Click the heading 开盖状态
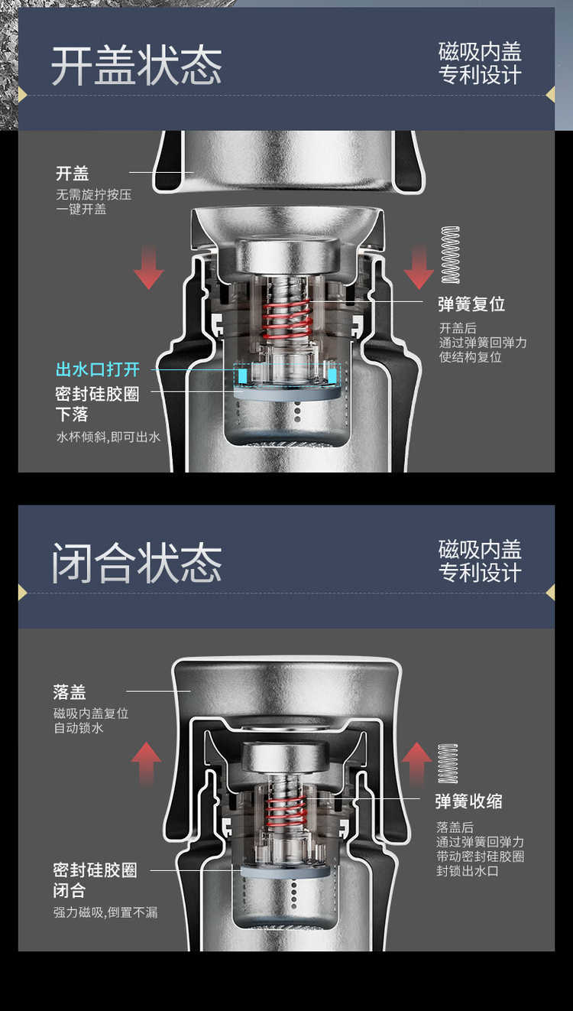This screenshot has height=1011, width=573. click(x=137, y=66)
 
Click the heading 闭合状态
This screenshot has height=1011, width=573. click(x=137, y=563)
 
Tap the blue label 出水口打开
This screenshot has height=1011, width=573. click(x=97, y=369)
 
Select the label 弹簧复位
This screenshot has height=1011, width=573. click(x=471, y=304)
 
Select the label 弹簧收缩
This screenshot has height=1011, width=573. click(x=469, y=801)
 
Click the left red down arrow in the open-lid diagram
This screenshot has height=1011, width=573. click(x=148, y=267)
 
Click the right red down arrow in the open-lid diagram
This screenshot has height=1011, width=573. click(x=419, y=267)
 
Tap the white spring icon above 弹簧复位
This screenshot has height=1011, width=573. click(x=450, y=255)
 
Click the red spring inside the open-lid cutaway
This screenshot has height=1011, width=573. click(x=287, y=319)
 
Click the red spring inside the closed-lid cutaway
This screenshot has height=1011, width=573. click(x=285, y=812)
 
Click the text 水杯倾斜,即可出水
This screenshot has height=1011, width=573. click(x=108, y=437)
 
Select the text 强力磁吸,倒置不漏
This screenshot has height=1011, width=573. click(x=106, y=912)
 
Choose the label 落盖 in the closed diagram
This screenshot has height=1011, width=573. click(x=70, y=692)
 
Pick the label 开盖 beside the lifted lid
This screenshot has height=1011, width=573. click(x=72, y=174)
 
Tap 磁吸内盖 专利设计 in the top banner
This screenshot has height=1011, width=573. click(x=480, y=63)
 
